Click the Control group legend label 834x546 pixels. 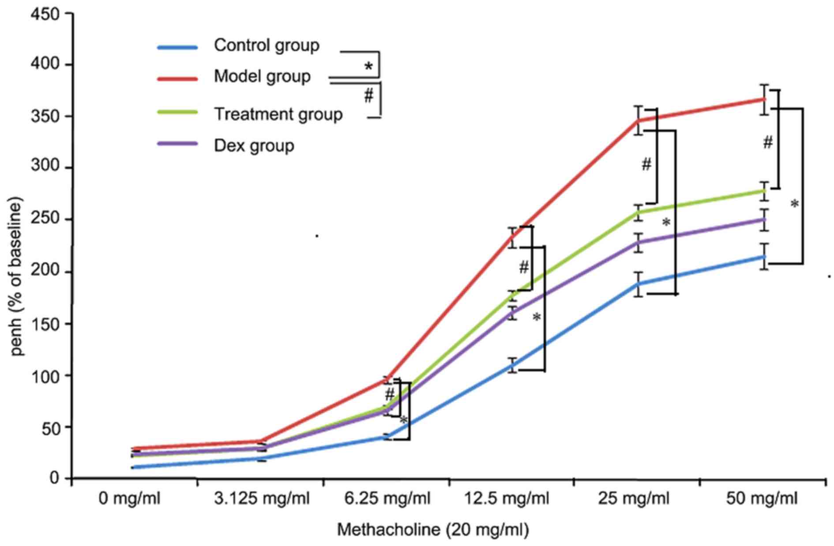(x=267, y=45)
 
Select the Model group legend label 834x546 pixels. (x=262, y=76)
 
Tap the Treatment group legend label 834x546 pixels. (x=278, y=114)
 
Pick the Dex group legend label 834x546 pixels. (x=254, y=145)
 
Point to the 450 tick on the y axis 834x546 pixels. (x=45, y=14)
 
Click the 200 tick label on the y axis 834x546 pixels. (x=45, y=272)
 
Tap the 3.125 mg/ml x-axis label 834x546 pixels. (x=262, y=499)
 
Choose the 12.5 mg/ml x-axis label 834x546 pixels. (x=507, y=499)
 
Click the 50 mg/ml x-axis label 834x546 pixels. (x=762, y=499)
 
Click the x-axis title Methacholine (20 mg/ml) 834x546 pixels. (x=433, y=529)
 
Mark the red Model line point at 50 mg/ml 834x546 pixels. (x=765, y=99)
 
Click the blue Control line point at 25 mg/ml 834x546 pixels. (x=638, y=284)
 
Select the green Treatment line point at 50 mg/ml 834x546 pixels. (x=765, y=190)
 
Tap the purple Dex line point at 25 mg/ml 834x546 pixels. (x=638, y=243)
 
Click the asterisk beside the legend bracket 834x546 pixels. (x=368, y=67)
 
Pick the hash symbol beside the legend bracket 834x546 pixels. (x=368, y=95)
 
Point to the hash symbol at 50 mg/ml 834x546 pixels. (x=768, y=142)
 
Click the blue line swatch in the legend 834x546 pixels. (x=177, y=47)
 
